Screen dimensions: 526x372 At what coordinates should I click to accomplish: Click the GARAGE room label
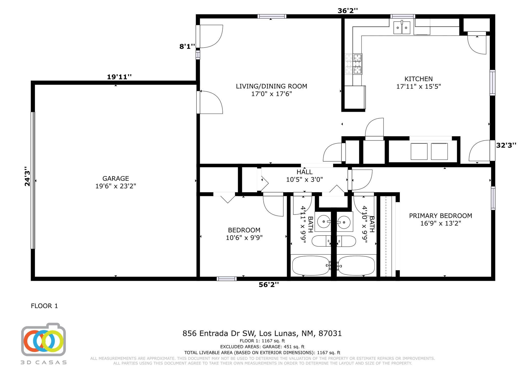pos(116,178)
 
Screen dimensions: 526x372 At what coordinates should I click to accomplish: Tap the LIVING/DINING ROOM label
pos(271,86)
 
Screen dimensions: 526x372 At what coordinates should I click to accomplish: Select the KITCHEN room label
pos(418,79)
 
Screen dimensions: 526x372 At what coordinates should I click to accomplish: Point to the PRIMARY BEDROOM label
pos(440,216)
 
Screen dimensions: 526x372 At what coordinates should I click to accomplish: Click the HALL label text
pos(304,172)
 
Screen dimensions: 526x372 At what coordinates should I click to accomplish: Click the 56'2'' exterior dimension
pos(269,285)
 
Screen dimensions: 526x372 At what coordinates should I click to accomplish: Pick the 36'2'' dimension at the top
pos(347,11)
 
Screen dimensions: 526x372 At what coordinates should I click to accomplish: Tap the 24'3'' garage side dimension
pos(27,176)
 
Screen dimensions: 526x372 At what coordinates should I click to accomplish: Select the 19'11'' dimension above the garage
pos(119,77)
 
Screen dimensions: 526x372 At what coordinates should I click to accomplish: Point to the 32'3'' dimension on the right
pos(506,145)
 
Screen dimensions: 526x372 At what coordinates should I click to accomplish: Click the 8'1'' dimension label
pos(187,46)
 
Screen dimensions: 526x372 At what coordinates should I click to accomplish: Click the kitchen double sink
pos(402,28)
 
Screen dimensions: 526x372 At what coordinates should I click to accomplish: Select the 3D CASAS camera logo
pos(43,339)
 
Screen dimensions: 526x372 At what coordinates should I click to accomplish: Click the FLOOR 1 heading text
pos(44,306)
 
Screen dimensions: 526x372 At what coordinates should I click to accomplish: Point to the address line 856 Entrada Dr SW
pos(262,333)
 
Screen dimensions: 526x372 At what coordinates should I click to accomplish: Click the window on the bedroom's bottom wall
pos(227,279)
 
